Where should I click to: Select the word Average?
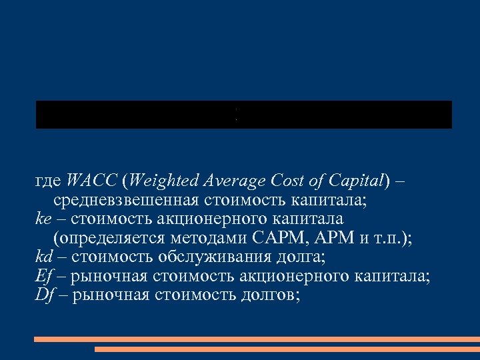(233, 181)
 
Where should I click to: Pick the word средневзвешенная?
(127, 199)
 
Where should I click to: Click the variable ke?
(43, 219)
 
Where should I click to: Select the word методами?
(207, 238)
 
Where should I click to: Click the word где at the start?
(49, 181)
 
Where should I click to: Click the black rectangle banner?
(243, 115)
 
